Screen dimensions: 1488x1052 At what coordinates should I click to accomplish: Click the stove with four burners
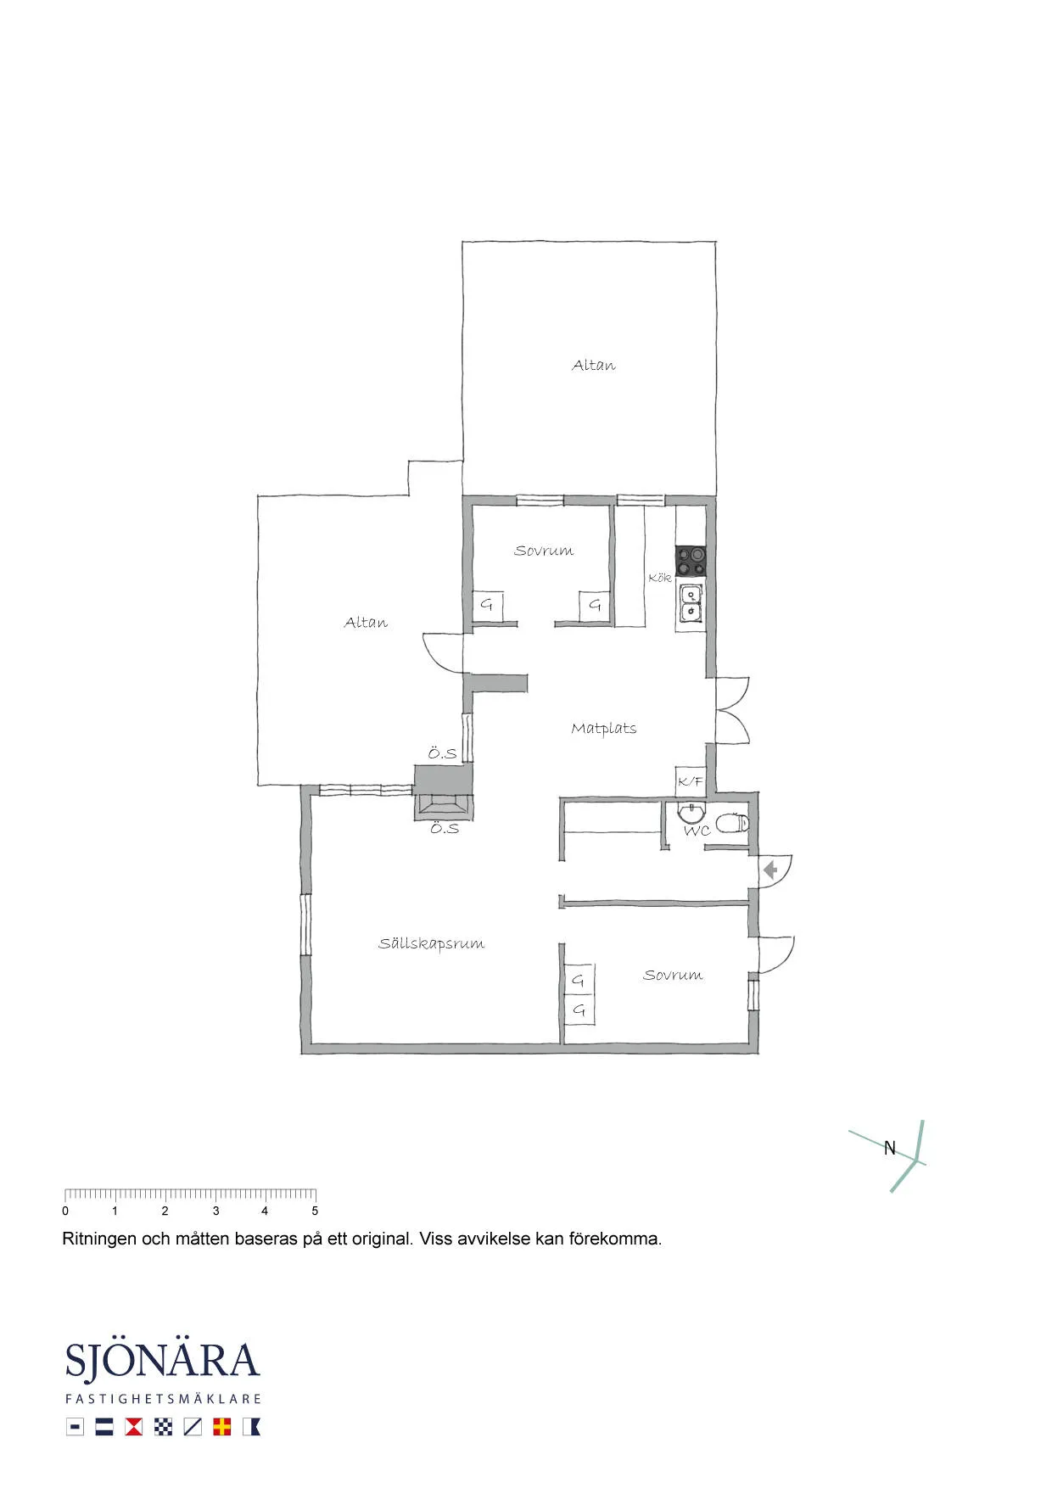click(690, 561)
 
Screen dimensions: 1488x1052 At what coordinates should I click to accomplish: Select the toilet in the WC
click(732, 822)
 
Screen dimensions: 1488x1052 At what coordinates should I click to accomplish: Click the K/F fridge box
click(690, 781)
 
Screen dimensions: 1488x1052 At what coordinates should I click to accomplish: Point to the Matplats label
click(603, 728)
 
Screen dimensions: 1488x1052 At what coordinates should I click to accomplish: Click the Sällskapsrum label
click(431, 943)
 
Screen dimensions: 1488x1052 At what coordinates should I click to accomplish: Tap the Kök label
click(659, 578)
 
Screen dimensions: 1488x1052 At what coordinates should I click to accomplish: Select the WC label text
click(697, 831)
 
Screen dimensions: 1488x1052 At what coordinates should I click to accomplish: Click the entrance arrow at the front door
click(770, 870)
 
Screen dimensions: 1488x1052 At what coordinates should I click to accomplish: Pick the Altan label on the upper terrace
click(593, 366)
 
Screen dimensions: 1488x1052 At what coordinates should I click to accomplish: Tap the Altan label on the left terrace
click(366, 623)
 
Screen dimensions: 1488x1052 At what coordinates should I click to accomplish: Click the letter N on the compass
click(889, 1148)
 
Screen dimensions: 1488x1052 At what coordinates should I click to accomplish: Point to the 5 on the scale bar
click(315, 1211)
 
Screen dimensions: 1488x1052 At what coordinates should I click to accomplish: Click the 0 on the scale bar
click(65, 1211)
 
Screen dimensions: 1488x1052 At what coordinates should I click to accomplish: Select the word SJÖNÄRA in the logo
click(162, 1360)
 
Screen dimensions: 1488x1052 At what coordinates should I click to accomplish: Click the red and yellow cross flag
click(221, 1427)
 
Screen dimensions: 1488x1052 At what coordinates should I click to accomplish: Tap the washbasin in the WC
click(691, 813)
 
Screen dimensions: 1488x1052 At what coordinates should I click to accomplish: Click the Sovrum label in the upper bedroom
click(543, 551)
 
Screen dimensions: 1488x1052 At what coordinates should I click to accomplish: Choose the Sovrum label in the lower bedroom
click(672, 976)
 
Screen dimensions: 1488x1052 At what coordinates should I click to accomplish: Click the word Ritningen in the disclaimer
click(99, 1239)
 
